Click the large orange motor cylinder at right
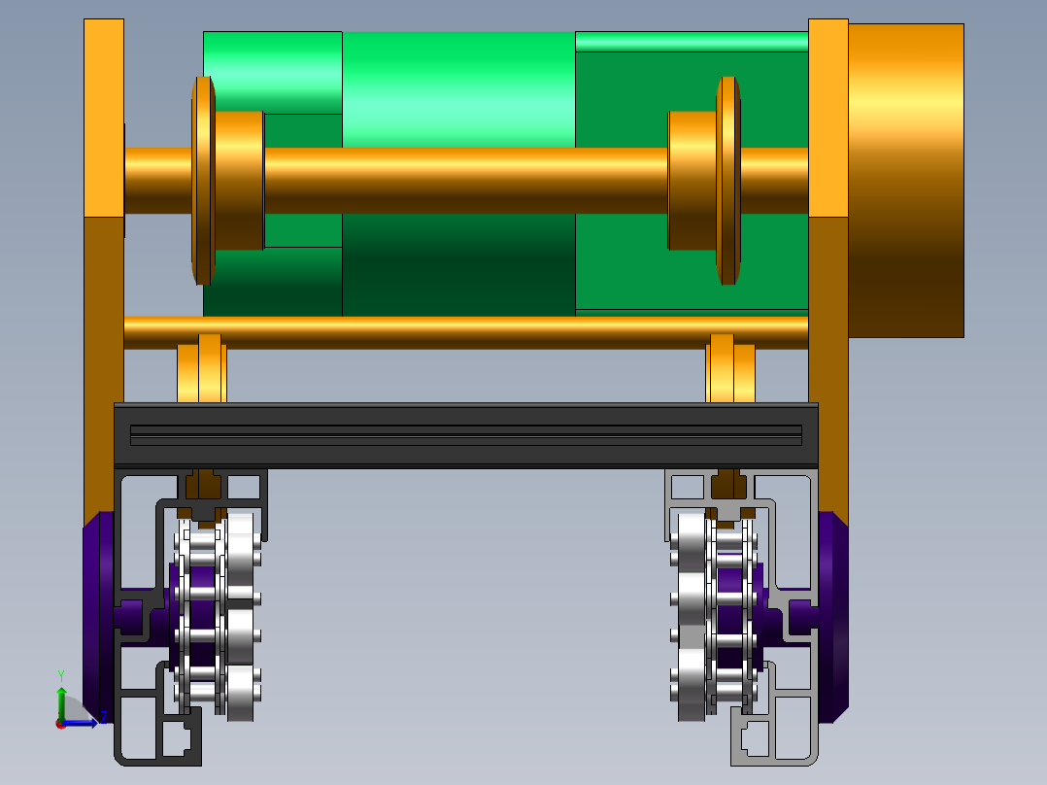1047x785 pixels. click(x=905, y=181)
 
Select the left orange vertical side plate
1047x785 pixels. click(x=104, y=267)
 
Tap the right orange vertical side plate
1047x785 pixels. click(x=827, y=267)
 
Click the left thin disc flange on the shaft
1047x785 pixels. click(x=203, y=181)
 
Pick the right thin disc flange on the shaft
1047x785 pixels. click(x=728, y=181)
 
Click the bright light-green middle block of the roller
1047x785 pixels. click(x=458, y=89)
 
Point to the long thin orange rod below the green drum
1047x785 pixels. click(x=466, y=332)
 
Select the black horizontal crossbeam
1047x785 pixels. click(x=466, y=435)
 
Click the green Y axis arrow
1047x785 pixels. click(x=61, y=701)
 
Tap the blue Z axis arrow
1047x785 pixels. click(x=80, y=723)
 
